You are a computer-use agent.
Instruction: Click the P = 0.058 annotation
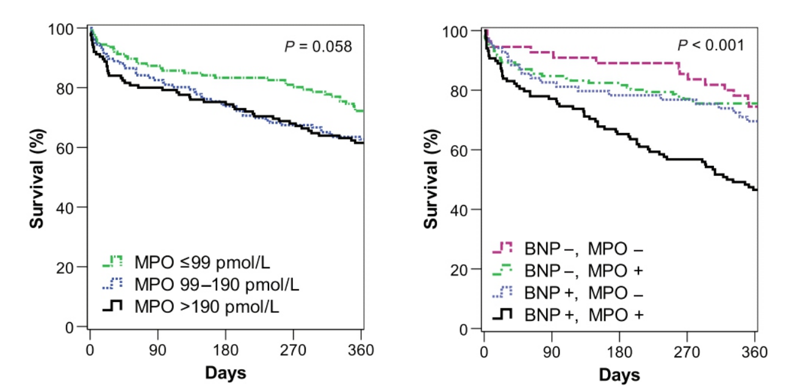coord(319,46)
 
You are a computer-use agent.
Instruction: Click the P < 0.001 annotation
coord(710,46)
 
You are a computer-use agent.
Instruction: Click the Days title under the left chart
coord(225,372)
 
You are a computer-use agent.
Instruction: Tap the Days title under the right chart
coord(619,374)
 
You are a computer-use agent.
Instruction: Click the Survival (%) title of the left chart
coord(38,178)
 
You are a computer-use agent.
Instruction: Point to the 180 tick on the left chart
coord(225,351)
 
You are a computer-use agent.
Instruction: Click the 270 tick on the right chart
coord(687,353)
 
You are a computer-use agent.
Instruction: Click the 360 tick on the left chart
coord(361,351)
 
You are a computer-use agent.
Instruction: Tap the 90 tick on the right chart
coord(552,353)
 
